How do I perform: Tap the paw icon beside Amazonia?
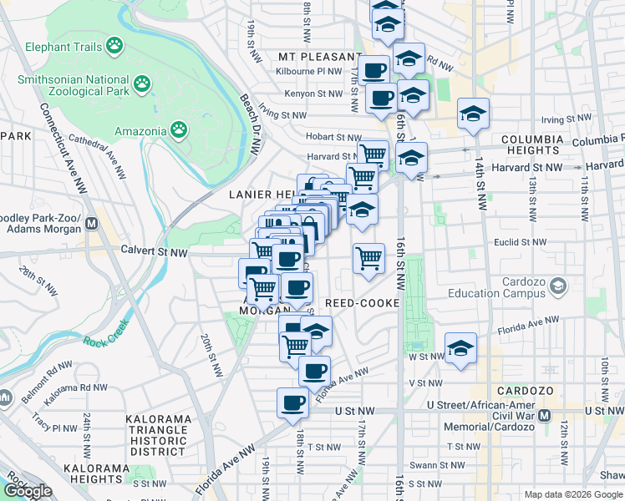[x=179, y=129]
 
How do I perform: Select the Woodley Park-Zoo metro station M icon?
[x=92, y=225]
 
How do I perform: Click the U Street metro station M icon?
[x=545, y=415]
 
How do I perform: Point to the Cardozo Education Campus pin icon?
[x=557, y=286]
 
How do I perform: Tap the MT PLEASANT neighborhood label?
[x=321, y=57]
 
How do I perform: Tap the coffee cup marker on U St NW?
[x=292, y=403]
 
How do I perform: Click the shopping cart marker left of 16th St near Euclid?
[x=368, y=259]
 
